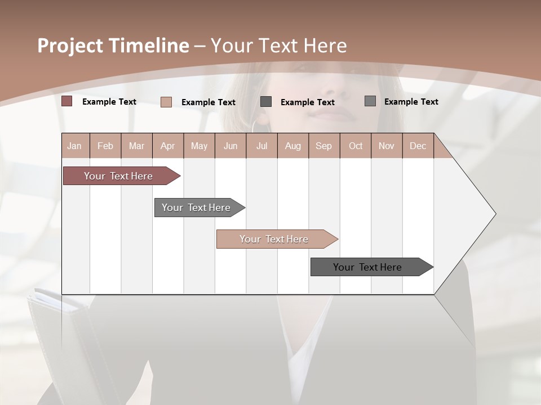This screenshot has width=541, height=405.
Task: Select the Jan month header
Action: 74,146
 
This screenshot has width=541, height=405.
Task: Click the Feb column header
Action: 105,146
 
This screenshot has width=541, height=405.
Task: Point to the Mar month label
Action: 136,146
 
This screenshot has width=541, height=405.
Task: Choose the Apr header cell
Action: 168,146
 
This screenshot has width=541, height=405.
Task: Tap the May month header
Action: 199,146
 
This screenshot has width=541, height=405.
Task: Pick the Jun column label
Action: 230,146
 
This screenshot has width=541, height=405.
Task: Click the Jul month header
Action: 261,146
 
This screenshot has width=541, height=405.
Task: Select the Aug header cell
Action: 293,146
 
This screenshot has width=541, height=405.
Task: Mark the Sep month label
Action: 324,146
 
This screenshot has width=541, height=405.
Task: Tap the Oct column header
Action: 356,146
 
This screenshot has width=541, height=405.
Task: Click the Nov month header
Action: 387,146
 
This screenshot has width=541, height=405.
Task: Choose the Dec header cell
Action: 418,146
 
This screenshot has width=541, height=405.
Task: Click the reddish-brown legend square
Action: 67,101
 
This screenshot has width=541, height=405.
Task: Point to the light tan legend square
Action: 166,102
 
